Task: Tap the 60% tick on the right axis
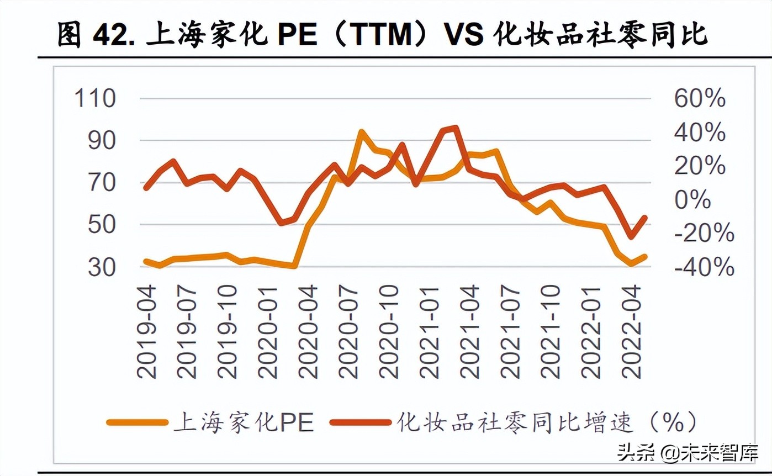tap(700, 99)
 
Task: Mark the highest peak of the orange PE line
tap(361, 132)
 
